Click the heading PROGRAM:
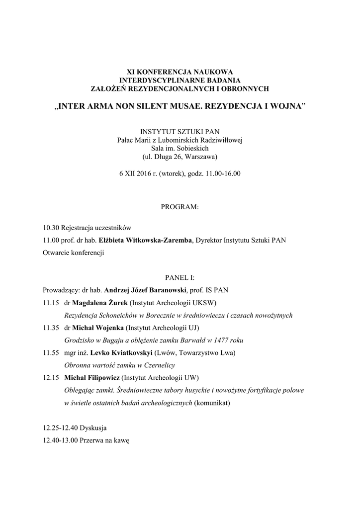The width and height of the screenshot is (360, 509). (180, 206)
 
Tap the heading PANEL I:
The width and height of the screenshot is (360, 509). (180, 278)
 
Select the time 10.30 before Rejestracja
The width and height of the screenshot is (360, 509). (51, 228)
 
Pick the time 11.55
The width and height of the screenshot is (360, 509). (51, 353)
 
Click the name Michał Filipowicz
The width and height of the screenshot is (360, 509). (92, 378)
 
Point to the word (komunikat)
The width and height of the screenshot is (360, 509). (212, 403)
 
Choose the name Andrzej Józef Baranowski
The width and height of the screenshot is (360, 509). (145, 290)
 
